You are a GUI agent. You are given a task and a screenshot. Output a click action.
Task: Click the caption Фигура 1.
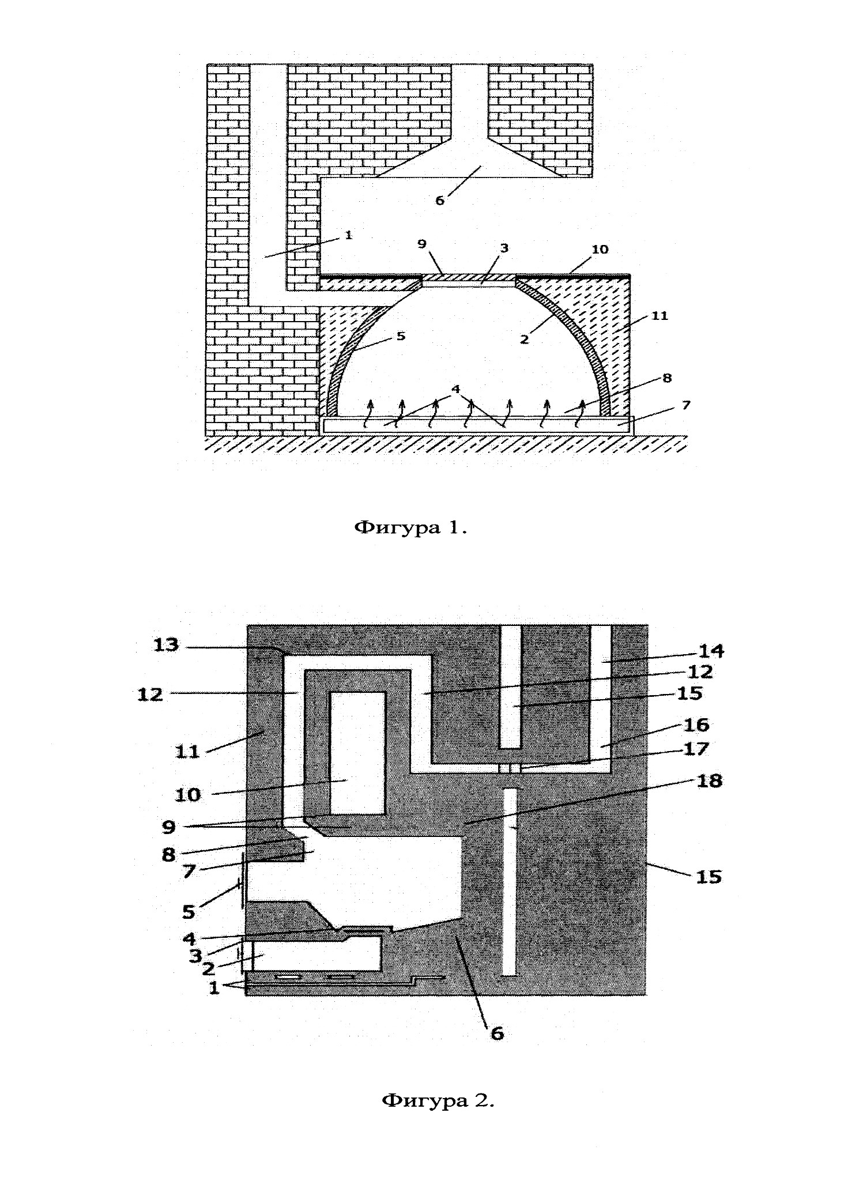410,527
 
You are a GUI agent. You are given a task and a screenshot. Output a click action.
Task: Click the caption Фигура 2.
438,1100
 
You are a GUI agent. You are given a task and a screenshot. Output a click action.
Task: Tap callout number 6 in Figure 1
440,200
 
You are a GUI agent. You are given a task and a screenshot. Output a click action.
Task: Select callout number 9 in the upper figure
423,244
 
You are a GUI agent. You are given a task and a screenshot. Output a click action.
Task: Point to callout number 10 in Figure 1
600,249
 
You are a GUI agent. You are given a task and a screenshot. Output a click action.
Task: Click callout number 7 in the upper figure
685,405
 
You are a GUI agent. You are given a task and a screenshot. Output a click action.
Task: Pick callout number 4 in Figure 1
456,389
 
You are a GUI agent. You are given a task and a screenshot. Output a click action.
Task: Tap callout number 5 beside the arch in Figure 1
401,336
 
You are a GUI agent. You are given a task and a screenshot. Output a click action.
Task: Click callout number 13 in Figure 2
167,644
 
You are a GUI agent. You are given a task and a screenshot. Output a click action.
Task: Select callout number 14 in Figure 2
711,651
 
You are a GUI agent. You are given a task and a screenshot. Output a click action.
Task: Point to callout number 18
709,781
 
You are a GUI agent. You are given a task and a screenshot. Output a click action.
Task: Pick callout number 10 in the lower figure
188,795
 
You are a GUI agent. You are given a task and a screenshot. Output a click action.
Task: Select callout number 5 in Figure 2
189,911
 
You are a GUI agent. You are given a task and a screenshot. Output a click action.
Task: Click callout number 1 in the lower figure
214,988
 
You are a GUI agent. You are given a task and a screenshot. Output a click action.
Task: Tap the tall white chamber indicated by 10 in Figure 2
358,753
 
